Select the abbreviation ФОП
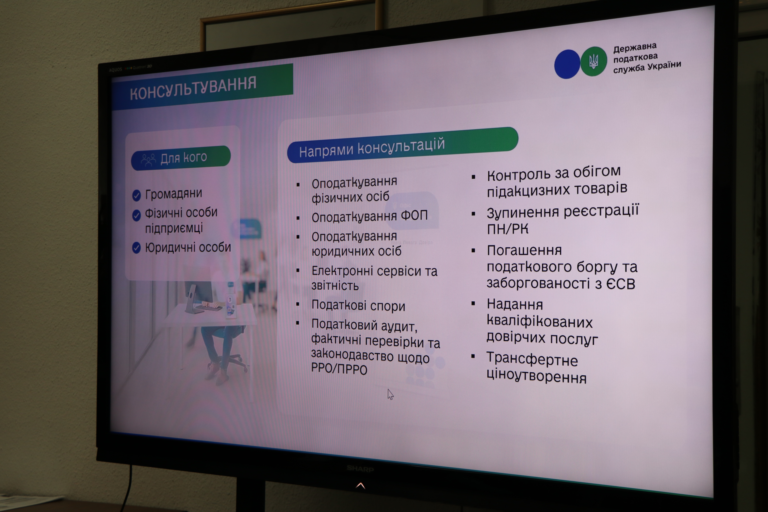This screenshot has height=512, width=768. click(x=414, y=216)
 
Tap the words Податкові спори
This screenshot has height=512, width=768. click(x=358, y=305)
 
